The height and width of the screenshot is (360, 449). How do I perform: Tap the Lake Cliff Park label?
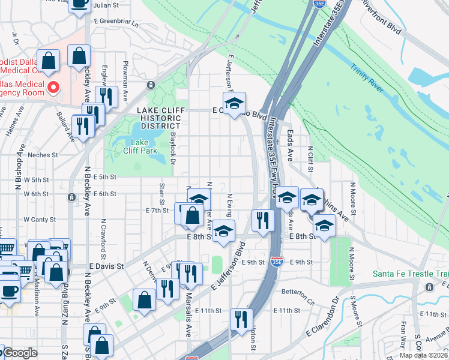[x=144, y=146]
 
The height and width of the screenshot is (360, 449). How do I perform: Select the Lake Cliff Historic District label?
[x=158, y=118]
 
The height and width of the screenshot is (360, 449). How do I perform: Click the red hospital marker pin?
[x=53, y=88]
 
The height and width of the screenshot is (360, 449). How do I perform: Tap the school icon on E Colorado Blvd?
[x=235, y=102]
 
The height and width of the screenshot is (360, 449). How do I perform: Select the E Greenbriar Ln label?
[x=116, y=21]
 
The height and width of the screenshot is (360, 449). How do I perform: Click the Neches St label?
[x=42, y=155]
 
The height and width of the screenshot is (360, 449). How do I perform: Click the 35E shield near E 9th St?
[x=276, y=262]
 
